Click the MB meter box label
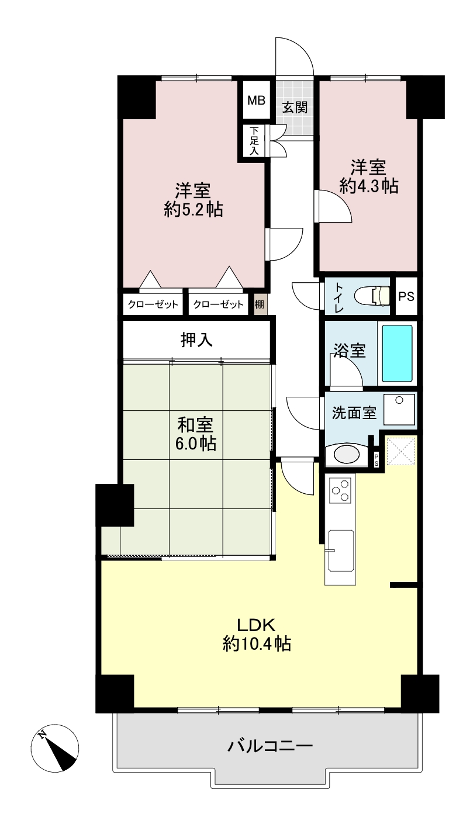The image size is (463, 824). point(256,100)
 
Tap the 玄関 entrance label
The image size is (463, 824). point(295,108)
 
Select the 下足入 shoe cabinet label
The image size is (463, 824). point(254,140)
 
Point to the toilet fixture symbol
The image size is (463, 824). point(372,295)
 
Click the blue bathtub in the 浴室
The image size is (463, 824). point(397,353)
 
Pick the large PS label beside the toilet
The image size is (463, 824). point(406,296)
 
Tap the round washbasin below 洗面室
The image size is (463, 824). point(346,455)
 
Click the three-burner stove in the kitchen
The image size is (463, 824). point(340,490)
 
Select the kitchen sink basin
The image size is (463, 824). point(341,551)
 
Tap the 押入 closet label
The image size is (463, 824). point(196,340)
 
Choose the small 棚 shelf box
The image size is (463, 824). point(259,304)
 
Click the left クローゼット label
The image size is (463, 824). point(153,304)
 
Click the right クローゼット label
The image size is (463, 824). point(218,304)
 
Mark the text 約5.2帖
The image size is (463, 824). point(194,210)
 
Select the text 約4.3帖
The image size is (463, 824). point(369,186)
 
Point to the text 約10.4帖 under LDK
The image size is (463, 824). point(257,643)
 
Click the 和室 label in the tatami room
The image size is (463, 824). point(195,425)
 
